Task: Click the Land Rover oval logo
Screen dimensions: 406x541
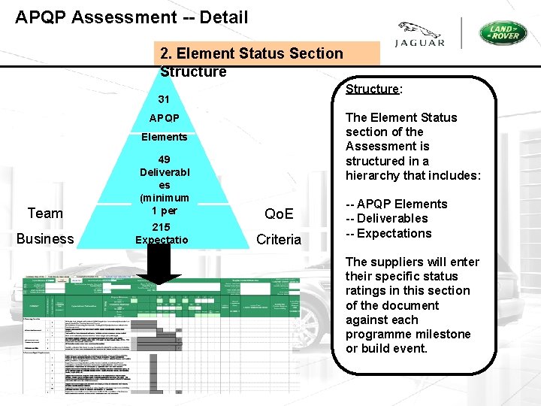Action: (503, 33)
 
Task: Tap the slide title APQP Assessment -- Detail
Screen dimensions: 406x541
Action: (131, 17)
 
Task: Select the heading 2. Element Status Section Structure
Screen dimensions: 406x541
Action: (251, 62)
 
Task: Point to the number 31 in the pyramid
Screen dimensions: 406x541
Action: (164, 98)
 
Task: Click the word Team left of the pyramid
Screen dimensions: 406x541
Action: (45, 214)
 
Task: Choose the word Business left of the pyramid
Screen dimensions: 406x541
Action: (45, 239)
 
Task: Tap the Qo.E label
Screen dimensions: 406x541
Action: (279, 214)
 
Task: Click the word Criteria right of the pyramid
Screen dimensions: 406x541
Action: (279, 240)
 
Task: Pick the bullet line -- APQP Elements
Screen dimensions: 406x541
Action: (396, 204)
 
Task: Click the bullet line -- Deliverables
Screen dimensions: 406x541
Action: (386, 218)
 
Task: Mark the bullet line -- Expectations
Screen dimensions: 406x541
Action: (388, 233)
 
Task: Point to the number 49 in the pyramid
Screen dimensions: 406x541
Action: (164, 159)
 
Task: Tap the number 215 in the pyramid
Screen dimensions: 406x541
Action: (161, 227)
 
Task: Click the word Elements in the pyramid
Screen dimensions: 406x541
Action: (164, 137)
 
